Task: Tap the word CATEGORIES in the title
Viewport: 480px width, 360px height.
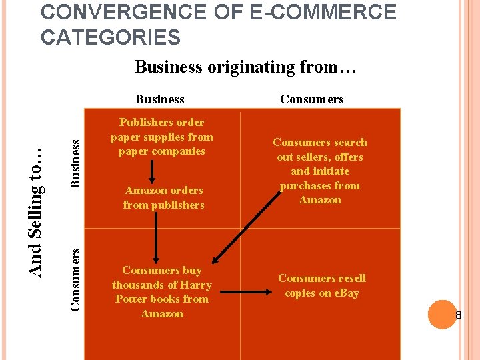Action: click(110, 37)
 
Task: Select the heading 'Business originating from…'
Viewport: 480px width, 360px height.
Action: click(246, 67)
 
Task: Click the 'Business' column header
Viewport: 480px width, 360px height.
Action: click(159, 99)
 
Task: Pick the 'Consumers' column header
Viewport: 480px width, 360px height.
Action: click(311, 99)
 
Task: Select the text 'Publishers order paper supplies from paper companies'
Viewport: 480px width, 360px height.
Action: click(162, 137)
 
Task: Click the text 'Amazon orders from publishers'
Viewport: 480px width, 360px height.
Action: click(163, 198)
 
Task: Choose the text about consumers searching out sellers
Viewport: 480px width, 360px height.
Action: click(320, 171)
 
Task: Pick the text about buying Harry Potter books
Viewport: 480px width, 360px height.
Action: click(162, 292)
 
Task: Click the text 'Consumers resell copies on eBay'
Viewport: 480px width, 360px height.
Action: click(321, 285)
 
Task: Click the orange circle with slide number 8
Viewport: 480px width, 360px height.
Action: click(441, 315)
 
